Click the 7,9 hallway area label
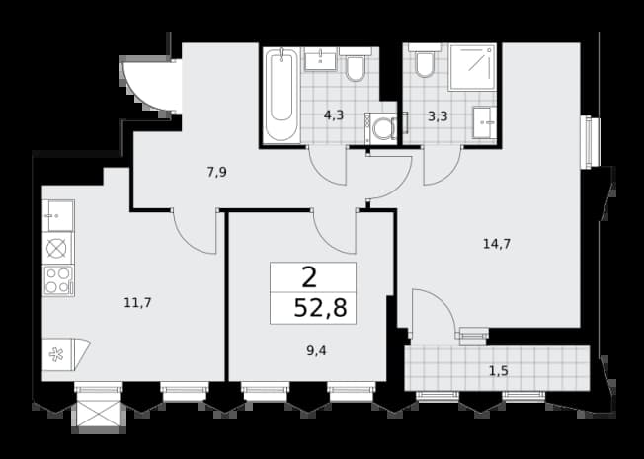point(217,173)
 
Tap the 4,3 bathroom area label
point(334,115)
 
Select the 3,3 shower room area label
point(438,116)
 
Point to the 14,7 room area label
point(497,244)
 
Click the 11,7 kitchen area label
point(137,303)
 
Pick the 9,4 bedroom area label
point(316,351)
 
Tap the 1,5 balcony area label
point(499,371)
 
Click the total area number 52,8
point(321,308)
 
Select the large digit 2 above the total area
point(310,277)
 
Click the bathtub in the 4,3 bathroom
point(282,95)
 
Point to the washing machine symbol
point(381,128)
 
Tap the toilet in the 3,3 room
point(425,60)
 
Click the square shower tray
point(472,67)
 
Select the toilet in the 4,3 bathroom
point(356,64)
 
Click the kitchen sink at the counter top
point(58,215)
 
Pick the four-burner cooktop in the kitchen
point(58,280)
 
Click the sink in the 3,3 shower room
point(484,122)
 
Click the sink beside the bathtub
point(321,59)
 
